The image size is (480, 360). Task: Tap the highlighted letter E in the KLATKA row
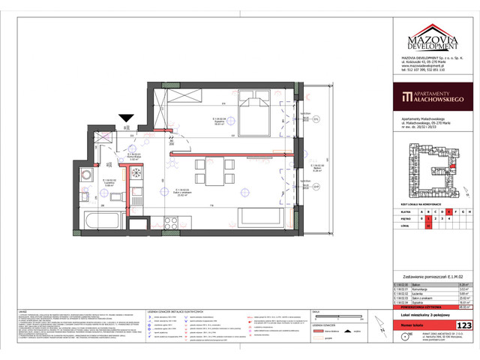pos(449,211)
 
